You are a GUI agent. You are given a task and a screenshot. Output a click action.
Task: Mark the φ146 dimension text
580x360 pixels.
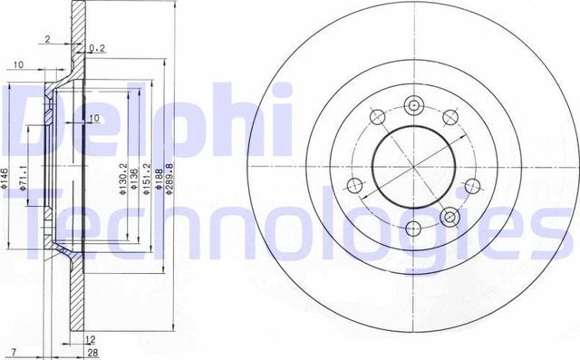[7, 178]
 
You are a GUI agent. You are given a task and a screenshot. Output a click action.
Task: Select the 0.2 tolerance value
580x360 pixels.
[97, 48]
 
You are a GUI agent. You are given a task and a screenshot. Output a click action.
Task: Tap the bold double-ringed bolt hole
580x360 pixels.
[450, 217]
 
